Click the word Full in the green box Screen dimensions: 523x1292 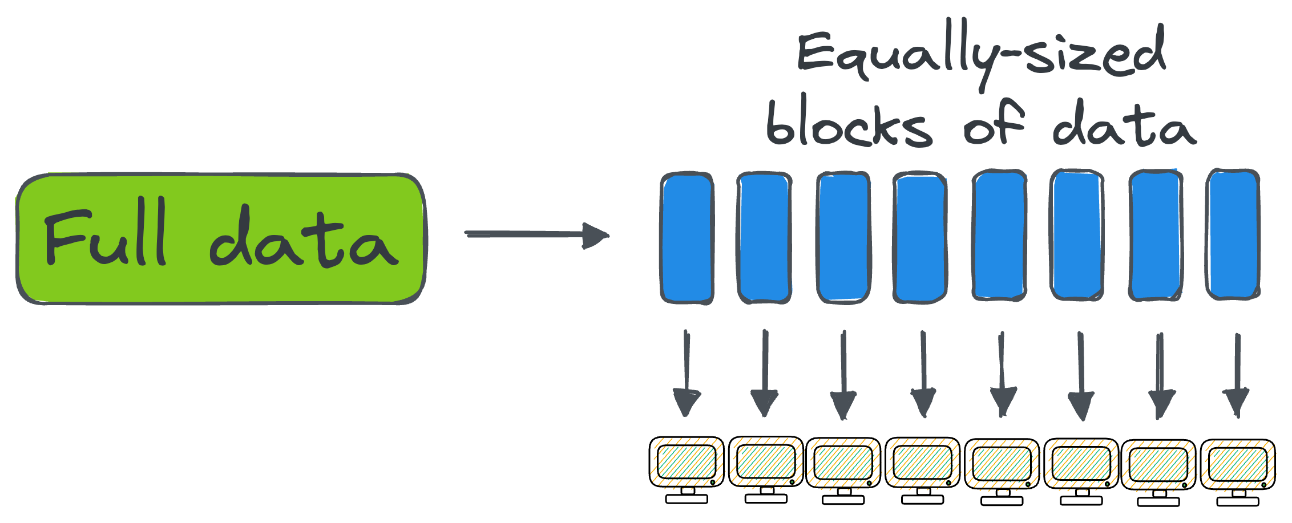point(106,234)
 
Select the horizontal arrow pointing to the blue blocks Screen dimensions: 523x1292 point(536,234)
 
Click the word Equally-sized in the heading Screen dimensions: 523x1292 point(980,54)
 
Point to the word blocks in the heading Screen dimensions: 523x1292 point(849,123)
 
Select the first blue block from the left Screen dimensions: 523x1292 point(687,237)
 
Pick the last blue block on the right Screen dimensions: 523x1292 point(1233,234)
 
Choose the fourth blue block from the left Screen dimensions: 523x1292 point(920,237)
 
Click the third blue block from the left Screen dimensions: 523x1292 point(843,237)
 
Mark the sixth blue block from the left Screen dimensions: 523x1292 point(1077,234)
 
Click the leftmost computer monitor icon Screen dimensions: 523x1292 point(687,463)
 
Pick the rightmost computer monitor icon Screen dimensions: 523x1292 point(1238,465)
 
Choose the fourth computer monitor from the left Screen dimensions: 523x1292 point(923,463)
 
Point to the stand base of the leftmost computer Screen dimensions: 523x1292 point(687,499)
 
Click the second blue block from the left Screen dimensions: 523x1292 point(765,237)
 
